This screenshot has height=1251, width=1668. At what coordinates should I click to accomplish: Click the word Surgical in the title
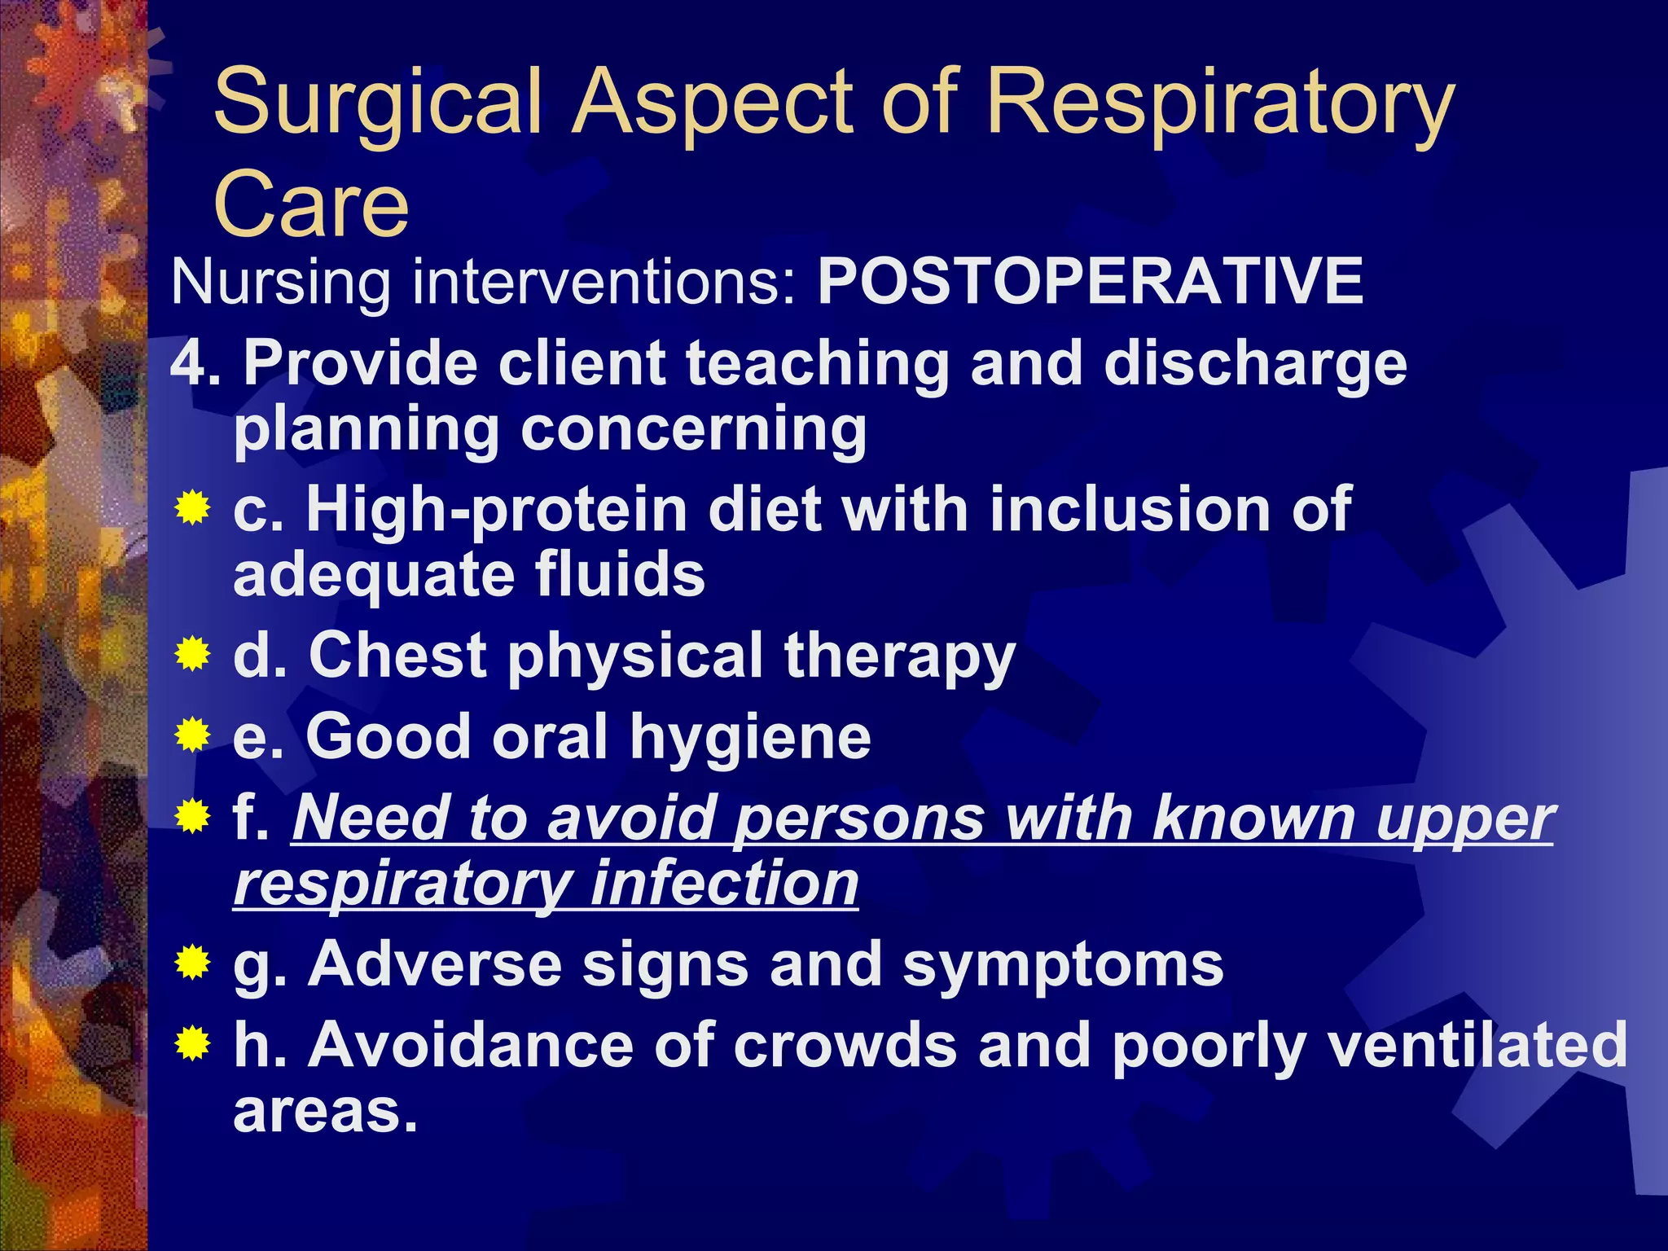pos(378,104)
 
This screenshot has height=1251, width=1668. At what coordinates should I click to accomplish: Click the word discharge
pos(1255,364)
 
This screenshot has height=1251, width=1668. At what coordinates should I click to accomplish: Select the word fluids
pos(620,574)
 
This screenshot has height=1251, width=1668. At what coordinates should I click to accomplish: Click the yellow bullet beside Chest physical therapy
pos(192,654)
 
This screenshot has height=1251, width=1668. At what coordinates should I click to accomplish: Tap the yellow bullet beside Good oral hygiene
pos(192,735)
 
